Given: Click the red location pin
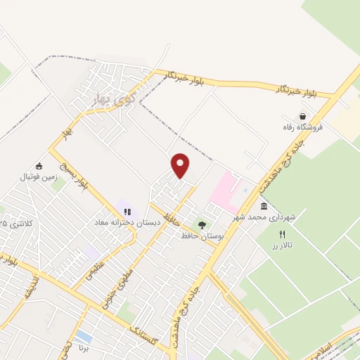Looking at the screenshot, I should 181,165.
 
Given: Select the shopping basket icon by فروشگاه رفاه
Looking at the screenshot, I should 303,116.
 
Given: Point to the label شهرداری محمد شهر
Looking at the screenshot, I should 267,217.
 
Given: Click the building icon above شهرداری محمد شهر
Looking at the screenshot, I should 264,206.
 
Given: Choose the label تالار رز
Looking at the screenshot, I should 281,247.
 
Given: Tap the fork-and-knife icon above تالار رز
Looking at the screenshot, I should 283,235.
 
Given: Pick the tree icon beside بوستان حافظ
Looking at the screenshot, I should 202,226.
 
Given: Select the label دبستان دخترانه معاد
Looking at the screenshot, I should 129,222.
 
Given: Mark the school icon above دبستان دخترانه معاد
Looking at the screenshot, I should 127,211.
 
